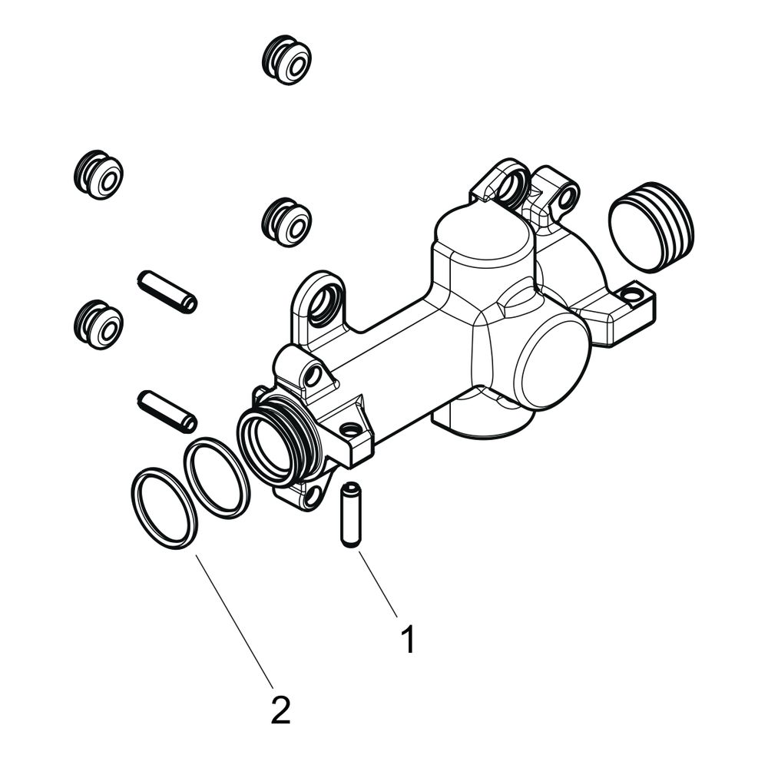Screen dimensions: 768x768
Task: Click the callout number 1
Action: [x=408, y=639]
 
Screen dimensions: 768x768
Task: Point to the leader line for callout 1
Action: [x=378, y=584]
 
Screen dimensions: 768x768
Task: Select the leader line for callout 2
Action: [x=234, y=621]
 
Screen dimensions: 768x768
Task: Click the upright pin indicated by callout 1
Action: [x=350, y=515]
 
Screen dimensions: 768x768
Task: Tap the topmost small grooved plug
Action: [x=286, y=60]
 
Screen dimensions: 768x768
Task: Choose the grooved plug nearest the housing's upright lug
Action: [x=286, y=223]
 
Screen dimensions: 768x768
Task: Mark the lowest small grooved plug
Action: [x=98, y=324]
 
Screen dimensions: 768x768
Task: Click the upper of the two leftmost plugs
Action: [x=98, y=174]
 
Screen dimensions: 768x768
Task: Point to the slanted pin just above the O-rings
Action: [x=167, y=412]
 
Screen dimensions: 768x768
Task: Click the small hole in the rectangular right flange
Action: [x=632, y=294]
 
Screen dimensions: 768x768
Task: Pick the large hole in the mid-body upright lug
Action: [x=324, y=306]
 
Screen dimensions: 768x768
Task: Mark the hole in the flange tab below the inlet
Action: [x=310, y=497]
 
